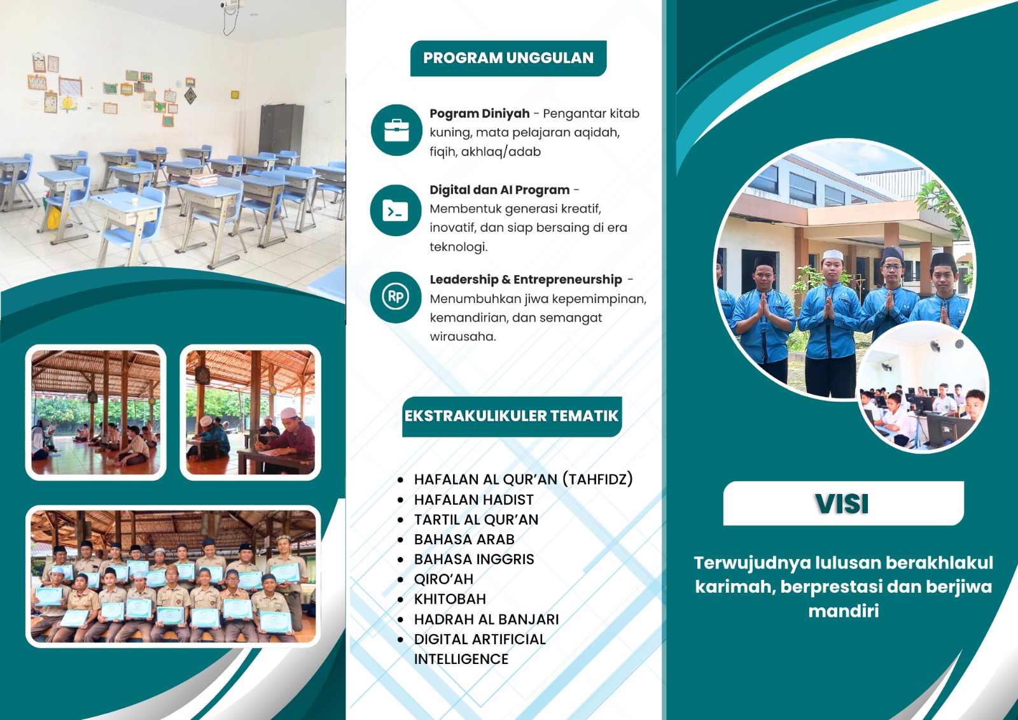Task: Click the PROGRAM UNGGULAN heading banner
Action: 508,58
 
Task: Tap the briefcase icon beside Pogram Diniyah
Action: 396,131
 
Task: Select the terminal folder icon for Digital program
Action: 395,211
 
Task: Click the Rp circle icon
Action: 395,297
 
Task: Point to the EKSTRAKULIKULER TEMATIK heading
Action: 512,416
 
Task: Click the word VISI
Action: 842,504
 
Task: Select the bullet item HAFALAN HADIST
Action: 473,499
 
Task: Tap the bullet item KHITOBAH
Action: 450,598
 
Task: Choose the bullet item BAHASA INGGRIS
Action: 474,559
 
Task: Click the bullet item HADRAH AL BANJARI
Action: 486,619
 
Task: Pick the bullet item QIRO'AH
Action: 443,579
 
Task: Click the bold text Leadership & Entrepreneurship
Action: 526,279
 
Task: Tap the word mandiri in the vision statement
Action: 844,611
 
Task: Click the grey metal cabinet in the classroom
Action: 281,130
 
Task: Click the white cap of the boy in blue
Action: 833,255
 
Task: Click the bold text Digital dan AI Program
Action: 499,190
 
